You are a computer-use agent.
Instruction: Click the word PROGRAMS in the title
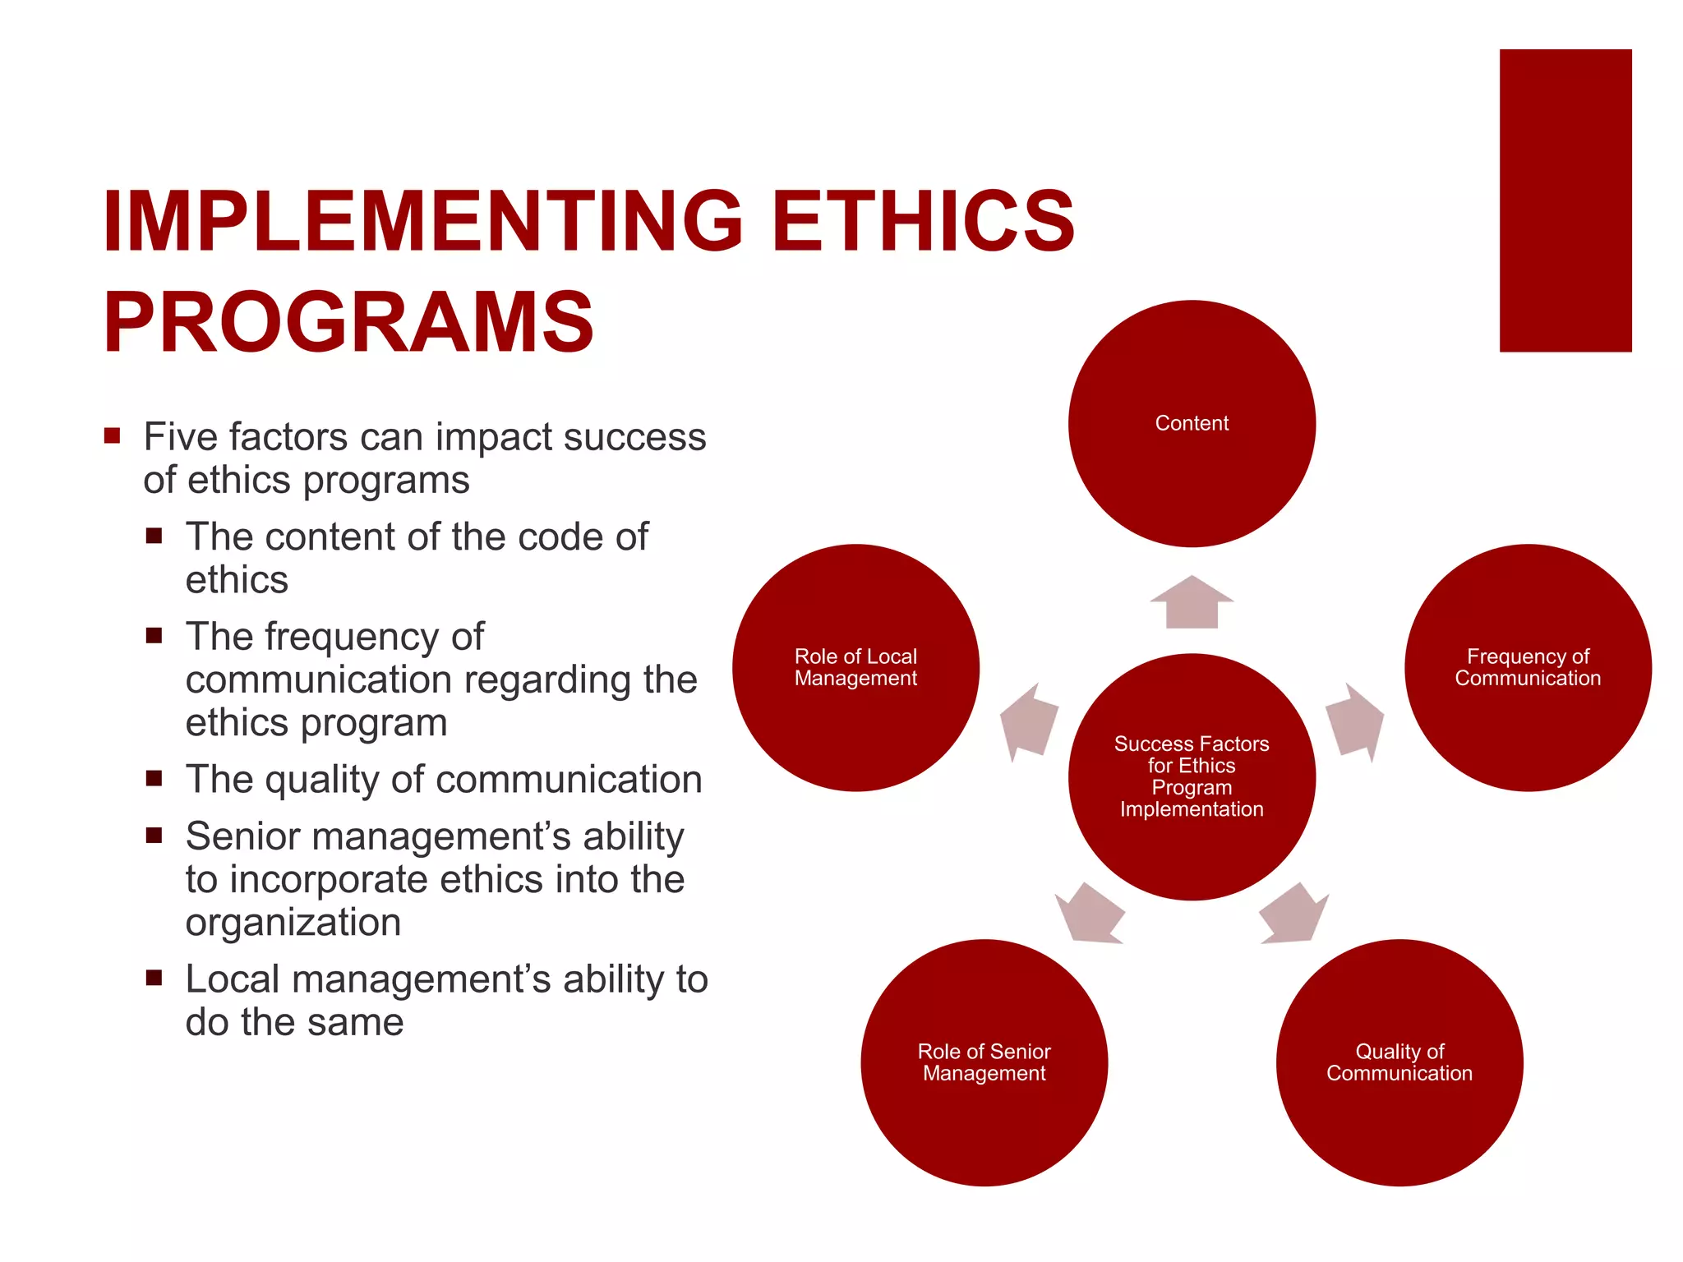point(348,322)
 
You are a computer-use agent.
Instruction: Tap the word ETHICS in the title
point(922,220)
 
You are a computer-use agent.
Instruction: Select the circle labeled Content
point(1192,423)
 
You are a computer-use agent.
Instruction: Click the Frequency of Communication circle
point(1528,667)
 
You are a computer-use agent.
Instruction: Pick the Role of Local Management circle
point(855,667)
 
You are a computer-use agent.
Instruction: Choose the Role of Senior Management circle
point(984,1062)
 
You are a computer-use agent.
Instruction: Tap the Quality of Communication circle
point(1399,1062)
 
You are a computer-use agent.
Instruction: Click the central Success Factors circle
point(1192,776)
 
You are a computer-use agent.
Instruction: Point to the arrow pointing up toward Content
point(1192,602)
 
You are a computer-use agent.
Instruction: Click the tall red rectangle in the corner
point(1565,200)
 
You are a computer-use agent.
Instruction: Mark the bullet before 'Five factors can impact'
point(113,435)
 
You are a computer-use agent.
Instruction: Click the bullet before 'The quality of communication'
point(154,778)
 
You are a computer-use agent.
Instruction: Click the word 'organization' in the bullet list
point(293,923)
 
